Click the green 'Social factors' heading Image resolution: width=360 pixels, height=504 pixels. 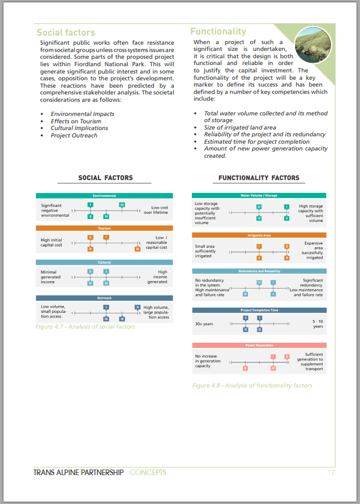tap(66, 33)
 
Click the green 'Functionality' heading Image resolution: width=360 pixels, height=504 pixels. tap(218, 32)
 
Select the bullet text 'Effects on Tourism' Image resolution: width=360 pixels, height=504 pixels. tap(76, 121)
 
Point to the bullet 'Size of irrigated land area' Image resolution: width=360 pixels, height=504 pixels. tap(240, 128)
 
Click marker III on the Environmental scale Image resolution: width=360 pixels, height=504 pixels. tap(122, 204)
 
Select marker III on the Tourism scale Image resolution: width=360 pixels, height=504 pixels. tap(137, 248)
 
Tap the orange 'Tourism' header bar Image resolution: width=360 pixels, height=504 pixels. tap(104, 229)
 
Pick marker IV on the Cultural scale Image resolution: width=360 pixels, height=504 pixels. tap(90, 282)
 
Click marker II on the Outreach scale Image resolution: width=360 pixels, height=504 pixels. tap(137, 307)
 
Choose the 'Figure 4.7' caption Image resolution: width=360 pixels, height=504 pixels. tap(85, 327)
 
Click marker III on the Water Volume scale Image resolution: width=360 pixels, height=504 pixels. tap(259, 206)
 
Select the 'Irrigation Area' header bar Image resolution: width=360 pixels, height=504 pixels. tap(259, 235)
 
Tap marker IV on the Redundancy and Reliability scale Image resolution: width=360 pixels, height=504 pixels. tap(245, 294)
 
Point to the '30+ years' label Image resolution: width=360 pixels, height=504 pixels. tap(204, 324)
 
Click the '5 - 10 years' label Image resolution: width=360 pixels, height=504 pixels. tap(318, 324)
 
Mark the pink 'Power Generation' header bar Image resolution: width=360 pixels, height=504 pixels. tap(259, 345)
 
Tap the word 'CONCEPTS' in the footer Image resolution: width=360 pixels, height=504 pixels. tap(148, 472)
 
